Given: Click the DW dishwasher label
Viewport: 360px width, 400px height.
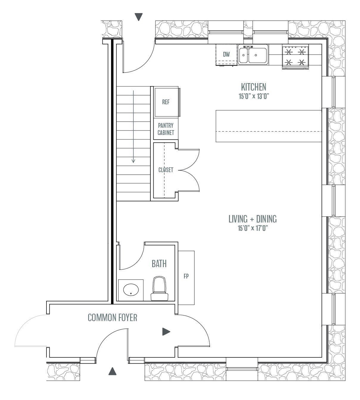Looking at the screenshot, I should [x=226, y=55].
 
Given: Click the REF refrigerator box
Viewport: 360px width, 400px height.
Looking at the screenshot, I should [x=166, y=102].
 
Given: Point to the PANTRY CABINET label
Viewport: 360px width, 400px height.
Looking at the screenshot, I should [x=166, y=129].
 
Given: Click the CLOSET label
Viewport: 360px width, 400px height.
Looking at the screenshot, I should [x=166, y=170].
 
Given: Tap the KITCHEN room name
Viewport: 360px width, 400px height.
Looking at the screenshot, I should [x=253, y=87].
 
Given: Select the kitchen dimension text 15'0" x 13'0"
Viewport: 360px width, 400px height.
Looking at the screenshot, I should [x=253, y=97].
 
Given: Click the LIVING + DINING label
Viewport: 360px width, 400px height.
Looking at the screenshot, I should [x=253, y=219].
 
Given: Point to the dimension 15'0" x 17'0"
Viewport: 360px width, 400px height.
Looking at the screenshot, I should [x=253, y=228].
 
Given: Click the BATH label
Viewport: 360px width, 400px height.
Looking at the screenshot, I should [x=159, y=264].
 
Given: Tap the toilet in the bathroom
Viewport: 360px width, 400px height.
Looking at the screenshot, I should [x=158, y=288].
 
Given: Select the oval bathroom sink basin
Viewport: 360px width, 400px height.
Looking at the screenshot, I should [x=131, y=290].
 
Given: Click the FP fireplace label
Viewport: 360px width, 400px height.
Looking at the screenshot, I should [x=186, y=276].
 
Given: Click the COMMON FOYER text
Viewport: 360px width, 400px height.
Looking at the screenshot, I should [x=113, y=318].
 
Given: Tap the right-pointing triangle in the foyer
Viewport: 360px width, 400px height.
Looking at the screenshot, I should [x=166, y=331].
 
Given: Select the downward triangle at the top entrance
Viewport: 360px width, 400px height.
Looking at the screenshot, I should [x=139, y=17].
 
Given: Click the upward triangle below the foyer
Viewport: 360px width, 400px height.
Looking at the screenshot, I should [x=112, y=371].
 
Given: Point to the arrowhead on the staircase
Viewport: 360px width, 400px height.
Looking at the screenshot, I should [x=133, y=161].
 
